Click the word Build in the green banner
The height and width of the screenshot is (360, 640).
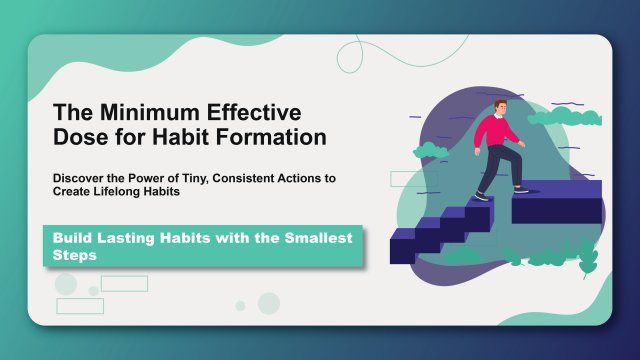click(x=74, y=239)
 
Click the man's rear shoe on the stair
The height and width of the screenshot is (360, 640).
click(x=482, y=197)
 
